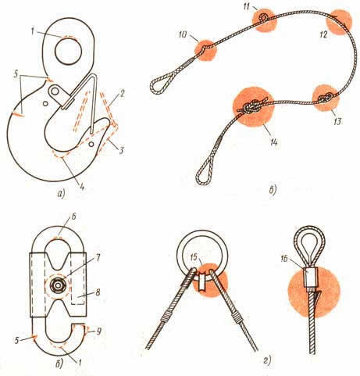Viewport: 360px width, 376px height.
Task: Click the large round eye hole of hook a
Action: click(69, 52)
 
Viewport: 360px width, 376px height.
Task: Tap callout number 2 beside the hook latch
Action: click(123, 94)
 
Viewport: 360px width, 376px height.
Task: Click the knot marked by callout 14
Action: click(254, 107)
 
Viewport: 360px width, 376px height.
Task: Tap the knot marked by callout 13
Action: click(326, 98)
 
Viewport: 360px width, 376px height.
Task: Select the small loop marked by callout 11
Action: click(264, 17)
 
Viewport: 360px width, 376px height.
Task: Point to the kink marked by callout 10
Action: click(205, 48)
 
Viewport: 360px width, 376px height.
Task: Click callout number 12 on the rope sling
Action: click(323, 35)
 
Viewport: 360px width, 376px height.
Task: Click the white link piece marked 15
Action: click(202, 281)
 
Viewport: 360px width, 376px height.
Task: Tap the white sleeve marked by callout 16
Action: click(310, 278)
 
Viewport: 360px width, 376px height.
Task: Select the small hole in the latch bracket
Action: click(55, 91)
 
